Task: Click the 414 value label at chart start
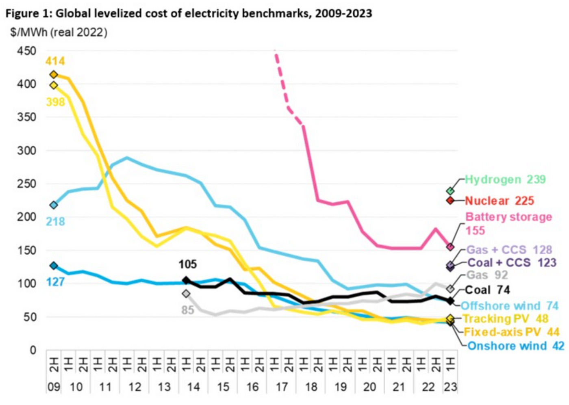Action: coord(55,61)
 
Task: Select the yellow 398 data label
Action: coord(55,102)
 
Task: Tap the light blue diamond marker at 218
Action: coord(54,205)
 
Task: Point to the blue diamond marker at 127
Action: coord(54,266)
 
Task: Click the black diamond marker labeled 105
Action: coord(186,280)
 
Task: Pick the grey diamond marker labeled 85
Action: coord(186,293)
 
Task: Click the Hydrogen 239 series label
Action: coord(505,180)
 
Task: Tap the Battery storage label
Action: coord(508,217)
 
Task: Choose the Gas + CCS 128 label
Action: coord(509,249)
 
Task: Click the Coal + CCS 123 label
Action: coord(512,263)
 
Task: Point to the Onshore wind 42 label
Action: coord(515,346)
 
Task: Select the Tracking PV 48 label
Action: coord(506,318)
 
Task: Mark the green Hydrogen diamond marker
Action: coord(450,191)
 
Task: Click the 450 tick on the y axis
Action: coord(27,51)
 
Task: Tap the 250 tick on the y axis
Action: coord(27,184)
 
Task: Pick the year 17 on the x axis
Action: coord(282,387)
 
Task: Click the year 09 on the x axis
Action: coord(54,387)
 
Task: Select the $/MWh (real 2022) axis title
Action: coord(59,32)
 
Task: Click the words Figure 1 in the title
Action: coord(28,13)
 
